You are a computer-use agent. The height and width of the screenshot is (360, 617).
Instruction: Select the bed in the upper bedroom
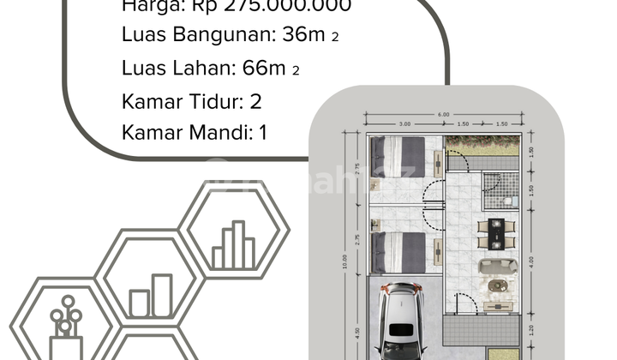[398, 156]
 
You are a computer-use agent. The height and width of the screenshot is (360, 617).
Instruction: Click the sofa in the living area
[497, 266]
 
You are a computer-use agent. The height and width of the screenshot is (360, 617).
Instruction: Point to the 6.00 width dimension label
[444, 115]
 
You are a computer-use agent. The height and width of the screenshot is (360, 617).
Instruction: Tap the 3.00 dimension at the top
[405, 124]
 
